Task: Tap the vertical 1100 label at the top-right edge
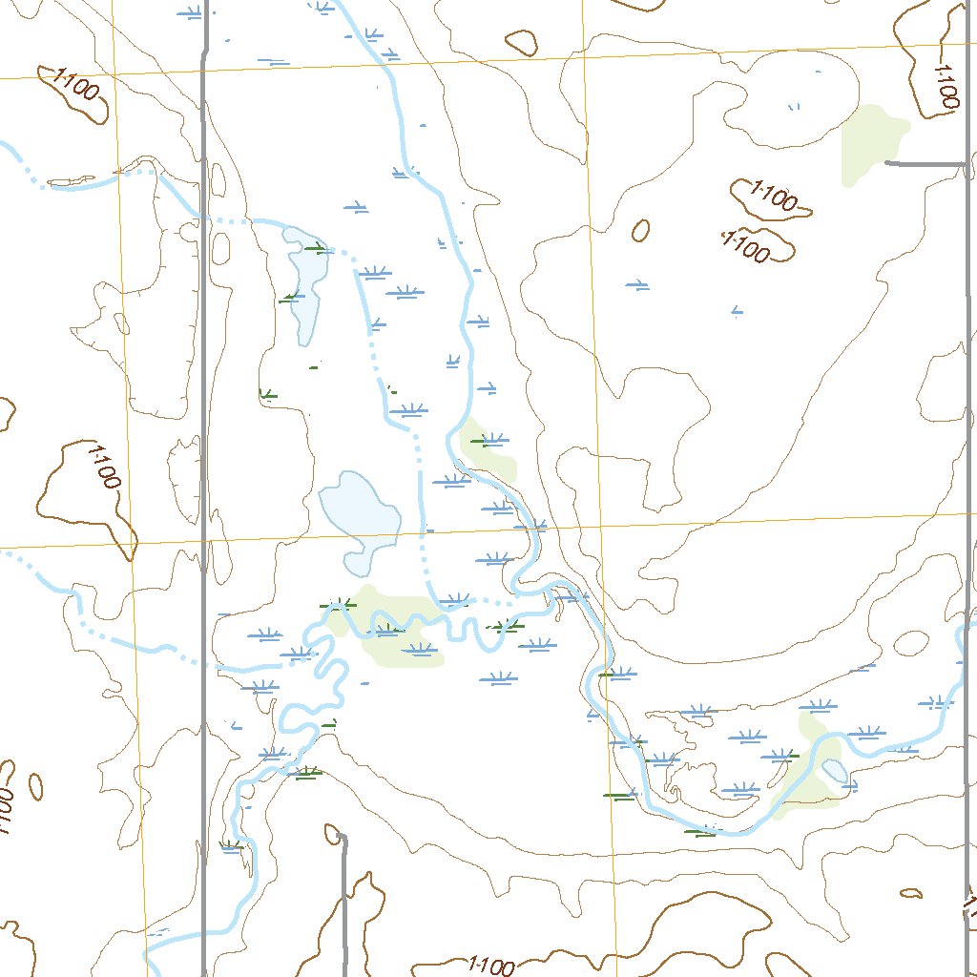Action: [x=946, y=84]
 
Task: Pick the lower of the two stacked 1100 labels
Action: [x=745, y=246]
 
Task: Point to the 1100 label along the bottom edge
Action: [x=491, y=967]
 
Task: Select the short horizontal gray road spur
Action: [x=925, y=164]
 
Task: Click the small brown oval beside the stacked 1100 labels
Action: [x=641, y=230]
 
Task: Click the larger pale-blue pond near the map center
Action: [x=360, y=520]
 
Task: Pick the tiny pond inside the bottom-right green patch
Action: [x=833, y=770]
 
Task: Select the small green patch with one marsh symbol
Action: [x=487, y=446]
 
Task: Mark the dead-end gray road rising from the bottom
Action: [x=343, y=906]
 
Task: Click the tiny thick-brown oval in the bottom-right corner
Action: [x=911, y=894]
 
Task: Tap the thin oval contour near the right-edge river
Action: [x=912, y=642]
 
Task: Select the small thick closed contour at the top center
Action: [x=522, y=41]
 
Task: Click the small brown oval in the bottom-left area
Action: [x=35, y=786]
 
